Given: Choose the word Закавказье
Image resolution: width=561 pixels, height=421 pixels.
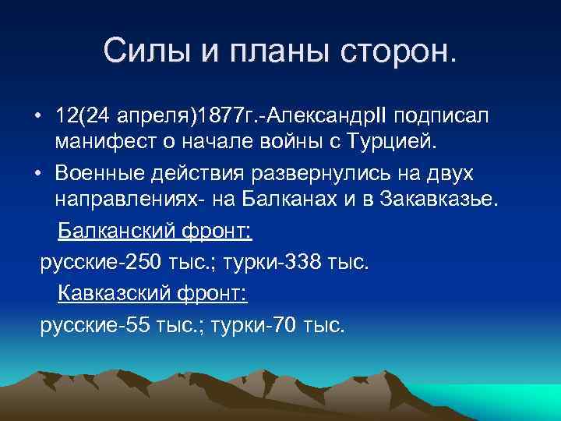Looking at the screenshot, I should [439, 200].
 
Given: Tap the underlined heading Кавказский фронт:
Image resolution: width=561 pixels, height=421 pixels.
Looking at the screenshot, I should [153, 295].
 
